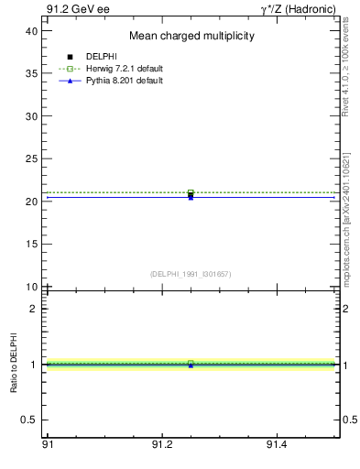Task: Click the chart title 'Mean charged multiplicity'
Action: point(191,36)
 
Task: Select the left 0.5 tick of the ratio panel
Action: point(31,420)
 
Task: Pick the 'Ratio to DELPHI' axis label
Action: point(15,364)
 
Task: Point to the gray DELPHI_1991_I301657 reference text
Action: point(191,274)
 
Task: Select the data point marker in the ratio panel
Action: point(191,364)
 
